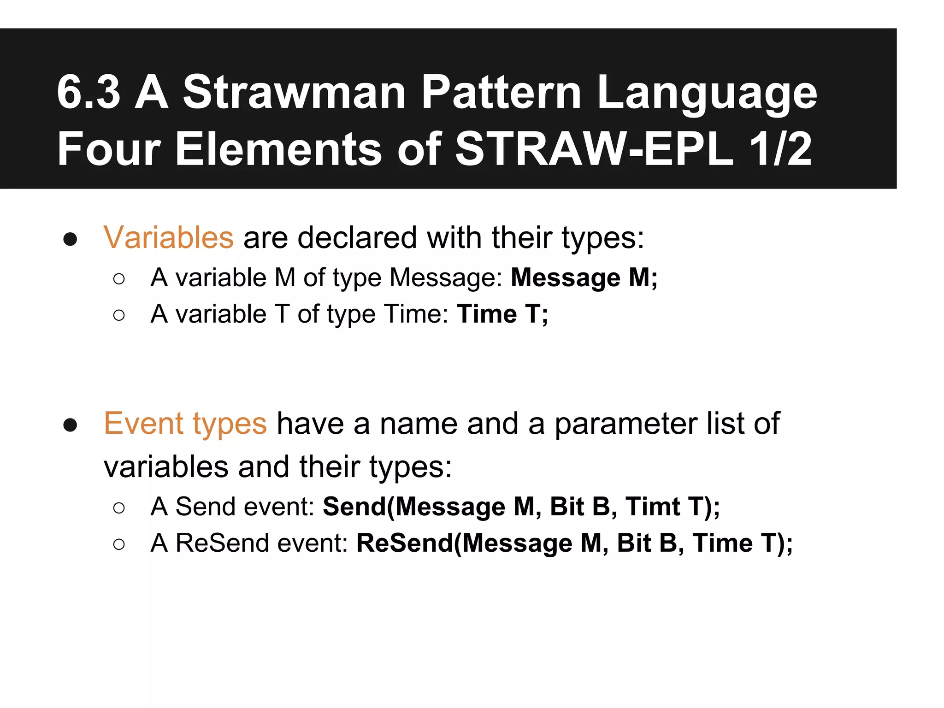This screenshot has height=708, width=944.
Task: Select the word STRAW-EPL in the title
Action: tap(594, 149)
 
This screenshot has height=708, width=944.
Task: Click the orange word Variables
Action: tap(169, 238)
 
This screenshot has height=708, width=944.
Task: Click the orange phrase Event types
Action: tap(185, 424)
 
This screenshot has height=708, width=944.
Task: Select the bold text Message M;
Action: tap(584, 278)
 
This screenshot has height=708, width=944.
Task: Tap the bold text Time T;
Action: tap(502, 314)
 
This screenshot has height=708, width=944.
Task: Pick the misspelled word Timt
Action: tap(652, 507)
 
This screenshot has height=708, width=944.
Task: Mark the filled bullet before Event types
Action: tap(70, 425)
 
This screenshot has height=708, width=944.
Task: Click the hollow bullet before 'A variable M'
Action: tap(119, 279)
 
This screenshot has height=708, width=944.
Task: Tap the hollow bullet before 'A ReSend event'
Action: tap(119, 544)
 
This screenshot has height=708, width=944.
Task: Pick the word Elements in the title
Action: tap(278, 149)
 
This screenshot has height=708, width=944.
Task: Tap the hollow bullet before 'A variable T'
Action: tap(119, 315)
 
